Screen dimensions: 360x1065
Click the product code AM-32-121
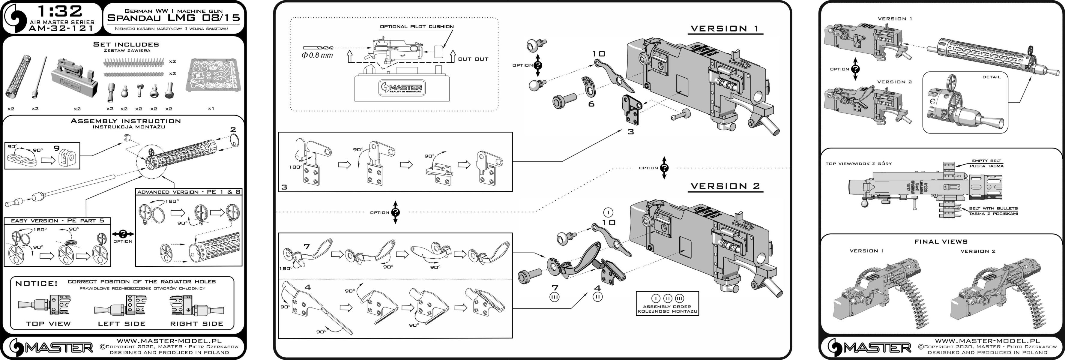tap(61, 28)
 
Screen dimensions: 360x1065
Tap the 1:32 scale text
tap(60, 11)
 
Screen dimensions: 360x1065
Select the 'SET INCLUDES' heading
tap(126, 44)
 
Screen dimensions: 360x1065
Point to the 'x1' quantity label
tap(211, 109)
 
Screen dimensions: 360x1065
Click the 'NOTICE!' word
tap(36, 283)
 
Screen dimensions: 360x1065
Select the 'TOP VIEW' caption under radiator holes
tap(48, 324)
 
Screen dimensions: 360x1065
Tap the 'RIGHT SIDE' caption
tap(196, 324)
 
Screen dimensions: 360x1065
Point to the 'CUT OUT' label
tap(473, 59)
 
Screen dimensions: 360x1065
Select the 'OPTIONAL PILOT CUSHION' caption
tap(417, 26)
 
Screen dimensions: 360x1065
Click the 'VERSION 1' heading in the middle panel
tap(725, 28)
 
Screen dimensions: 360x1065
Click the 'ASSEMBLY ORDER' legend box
tap(667, 304)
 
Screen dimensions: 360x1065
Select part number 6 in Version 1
tap(591, 104)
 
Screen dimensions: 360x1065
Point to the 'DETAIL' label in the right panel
tap(992, 77)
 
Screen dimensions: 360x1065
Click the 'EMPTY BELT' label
tap(986, 161)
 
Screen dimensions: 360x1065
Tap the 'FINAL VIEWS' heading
tap(941, 241)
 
